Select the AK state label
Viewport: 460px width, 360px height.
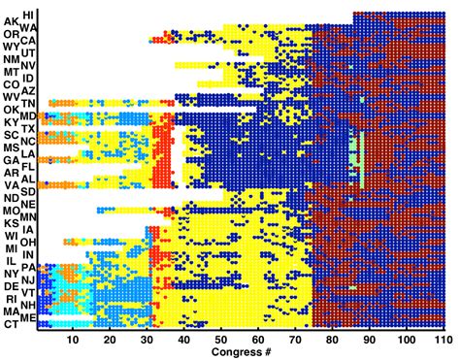point(11,21)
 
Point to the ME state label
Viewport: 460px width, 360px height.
point(30,317)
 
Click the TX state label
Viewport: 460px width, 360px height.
point(30,128)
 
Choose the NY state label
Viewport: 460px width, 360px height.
point(11,274)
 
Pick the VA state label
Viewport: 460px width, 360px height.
point(11,185)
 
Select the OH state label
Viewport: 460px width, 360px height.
point(30,242)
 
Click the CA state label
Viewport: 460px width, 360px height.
point(30,41)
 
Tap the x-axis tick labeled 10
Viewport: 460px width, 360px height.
point(73,341)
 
